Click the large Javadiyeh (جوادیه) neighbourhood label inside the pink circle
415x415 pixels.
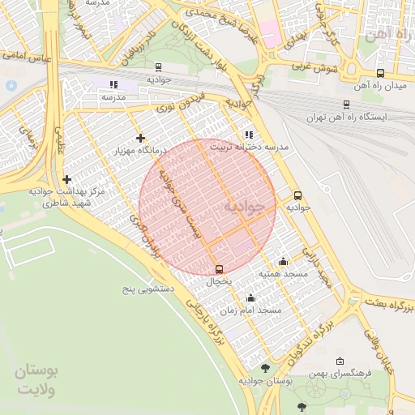(244, 207)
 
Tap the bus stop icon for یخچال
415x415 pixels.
(219, 269)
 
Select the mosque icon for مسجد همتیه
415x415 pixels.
(282, 261)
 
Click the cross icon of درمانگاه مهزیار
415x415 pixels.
(141, 138)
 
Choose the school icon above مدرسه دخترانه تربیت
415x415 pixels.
(248, 135)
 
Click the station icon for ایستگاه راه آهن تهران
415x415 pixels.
(347, 104)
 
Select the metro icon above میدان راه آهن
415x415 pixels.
(380, 72)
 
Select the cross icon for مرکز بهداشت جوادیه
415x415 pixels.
(66, 179)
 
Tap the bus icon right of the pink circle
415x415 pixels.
(297, 195)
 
